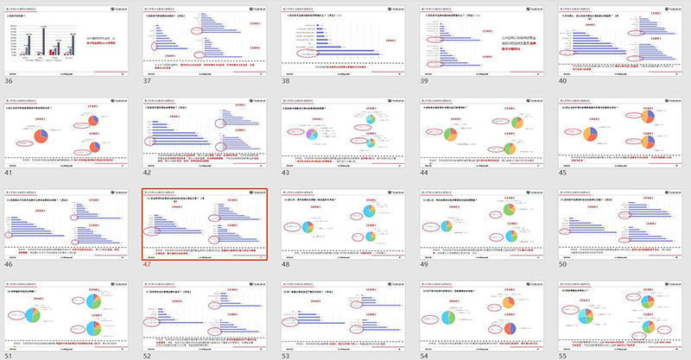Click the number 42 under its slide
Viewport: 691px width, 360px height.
click(x=149, y=173)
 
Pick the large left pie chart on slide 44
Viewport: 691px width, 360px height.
click(x=451, y=136)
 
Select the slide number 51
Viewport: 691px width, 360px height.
click(x=10, y=355)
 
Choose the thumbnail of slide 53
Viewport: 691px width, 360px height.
click(x=344, y=313)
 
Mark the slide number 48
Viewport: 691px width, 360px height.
click(x=288, y=264)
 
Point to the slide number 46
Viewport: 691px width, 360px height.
click(x=10, y=264)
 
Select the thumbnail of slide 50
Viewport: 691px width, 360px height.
click(x=622, y=222)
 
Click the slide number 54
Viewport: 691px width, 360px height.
click(x=426, y=355)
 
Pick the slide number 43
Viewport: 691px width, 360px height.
click(x=288, y=173)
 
